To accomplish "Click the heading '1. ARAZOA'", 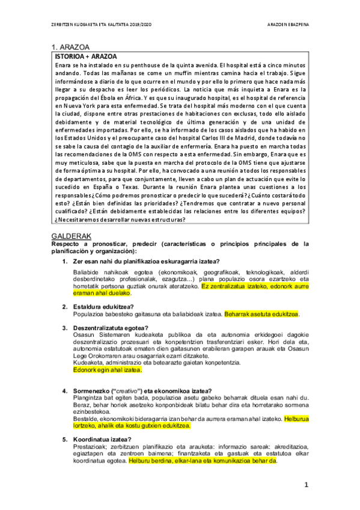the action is point(71,47).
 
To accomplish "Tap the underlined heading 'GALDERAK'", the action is point(72,236).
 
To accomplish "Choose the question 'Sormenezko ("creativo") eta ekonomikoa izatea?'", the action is point(141,390).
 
